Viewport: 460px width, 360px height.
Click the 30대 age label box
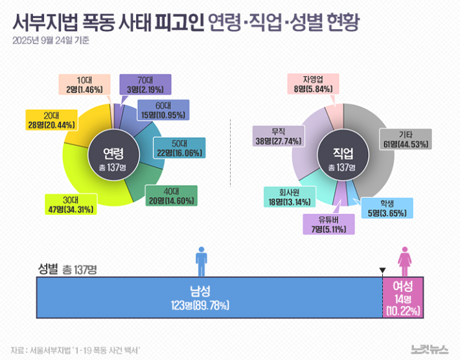click(71, 205)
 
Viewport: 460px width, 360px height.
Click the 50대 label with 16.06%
click(179, 148)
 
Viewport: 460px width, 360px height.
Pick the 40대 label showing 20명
click(171, 196)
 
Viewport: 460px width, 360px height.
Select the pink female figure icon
click(405, 260)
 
